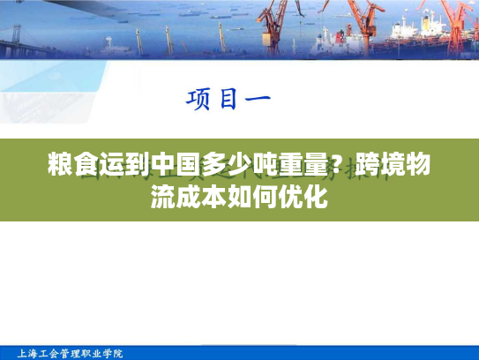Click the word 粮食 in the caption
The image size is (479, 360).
click(x=71, y=165)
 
